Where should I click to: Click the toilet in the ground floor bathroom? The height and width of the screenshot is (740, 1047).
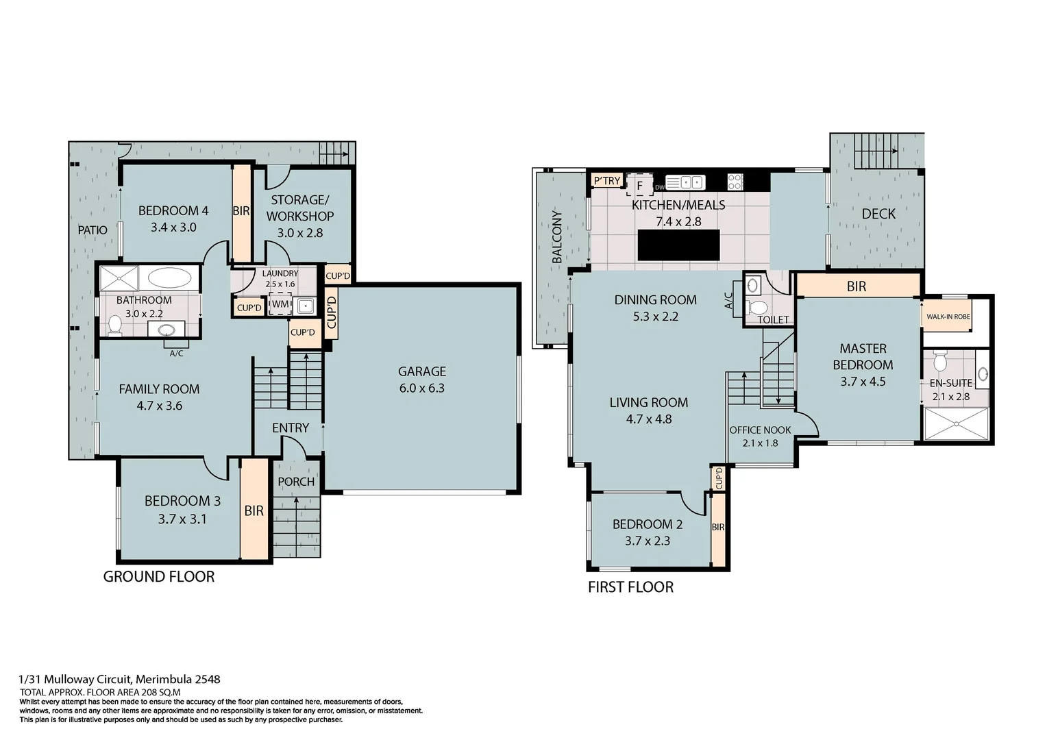[114, 325]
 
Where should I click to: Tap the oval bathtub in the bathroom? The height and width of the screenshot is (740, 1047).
[170, 278]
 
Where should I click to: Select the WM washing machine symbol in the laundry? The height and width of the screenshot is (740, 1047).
[280, 304]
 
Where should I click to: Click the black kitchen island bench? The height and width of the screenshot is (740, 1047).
[678, 245]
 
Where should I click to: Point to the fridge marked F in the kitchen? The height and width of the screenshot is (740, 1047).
[639, 186]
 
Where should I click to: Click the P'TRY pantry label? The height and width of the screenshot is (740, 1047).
[606, 181]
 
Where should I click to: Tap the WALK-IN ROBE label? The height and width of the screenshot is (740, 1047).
[948, 317]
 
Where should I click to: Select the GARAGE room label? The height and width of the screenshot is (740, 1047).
[421, 371]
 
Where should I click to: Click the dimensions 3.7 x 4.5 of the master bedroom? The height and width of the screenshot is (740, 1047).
[863, 382]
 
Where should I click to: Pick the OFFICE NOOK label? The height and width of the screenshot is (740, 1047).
[760, 430]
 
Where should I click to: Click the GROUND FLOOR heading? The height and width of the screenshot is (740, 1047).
[158, 577]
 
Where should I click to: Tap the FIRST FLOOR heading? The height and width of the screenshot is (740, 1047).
[630, 587]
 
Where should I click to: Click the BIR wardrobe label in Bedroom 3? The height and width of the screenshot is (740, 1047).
[254, 510]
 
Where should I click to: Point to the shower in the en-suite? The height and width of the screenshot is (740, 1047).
[956, 424]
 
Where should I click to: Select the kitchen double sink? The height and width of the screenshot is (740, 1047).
[685, 182]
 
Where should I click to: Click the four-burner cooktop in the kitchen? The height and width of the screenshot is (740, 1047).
[735, 182]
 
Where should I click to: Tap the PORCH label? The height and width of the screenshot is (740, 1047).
[296, 482]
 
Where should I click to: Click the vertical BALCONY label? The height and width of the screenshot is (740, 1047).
[557, 237]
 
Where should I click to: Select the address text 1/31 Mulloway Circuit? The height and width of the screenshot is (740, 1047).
[120, 680]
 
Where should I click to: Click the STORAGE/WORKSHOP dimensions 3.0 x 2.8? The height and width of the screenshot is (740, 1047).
[299, 233]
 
